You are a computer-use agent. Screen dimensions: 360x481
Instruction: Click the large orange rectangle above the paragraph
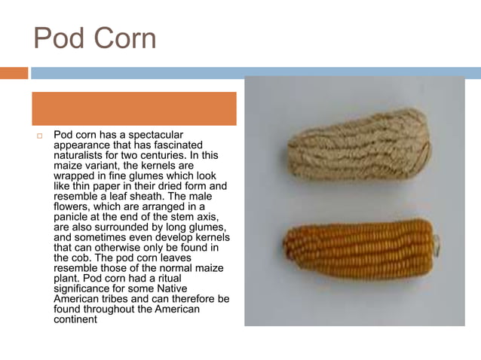pyautogui.click(x=134, y=108)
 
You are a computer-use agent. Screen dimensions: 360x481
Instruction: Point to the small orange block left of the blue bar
pyautogui.click(x=14, y=73)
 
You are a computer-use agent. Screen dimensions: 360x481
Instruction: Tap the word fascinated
pyautogui.click(x=177, y=145)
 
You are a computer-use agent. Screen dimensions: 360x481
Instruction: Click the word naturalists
pyautogui.click(x=78, y=154)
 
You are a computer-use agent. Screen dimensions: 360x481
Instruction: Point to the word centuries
pyautogui.click(x=173, y=154)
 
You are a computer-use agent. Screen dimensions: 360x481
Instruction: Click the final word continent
pyautogui.click(x=76, y=319)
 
